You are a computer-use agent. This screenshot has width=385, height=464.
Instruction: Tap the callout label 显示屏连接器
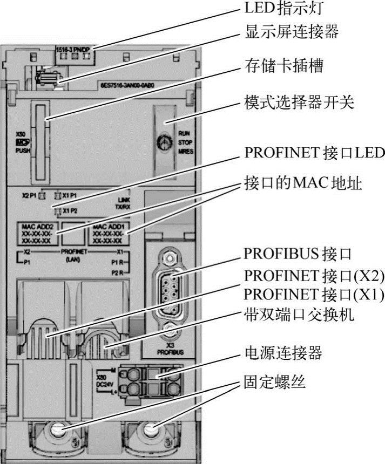(292, 32)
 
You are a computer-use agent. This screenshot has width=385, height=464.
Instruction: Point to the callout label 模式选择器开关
(299, 103)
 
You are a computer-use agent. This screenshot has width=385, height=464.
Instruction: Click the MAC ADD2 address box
(37, 234)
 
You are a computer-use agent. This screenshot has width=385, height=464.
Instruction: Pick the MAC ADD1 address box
(109, 234)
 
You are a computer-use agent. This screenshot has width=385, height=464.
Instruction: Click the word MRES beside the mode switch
(185, 152)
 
